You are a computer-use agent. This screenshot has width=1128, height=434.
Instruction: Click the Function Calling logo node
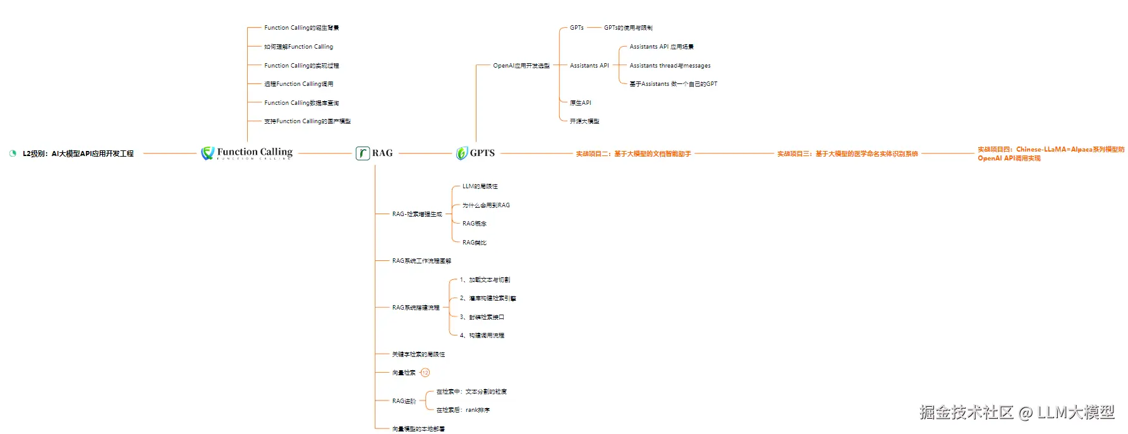pos(247,153)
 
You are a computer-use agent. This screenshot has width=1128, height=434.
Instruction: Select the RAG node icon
pos(363,153)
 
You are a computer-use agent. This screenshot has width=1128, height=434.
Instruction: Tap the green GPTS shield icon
pos(462,153)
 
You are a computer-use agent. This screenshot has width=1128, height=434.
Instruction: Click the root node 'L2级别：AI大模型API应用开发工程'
pos(78,154)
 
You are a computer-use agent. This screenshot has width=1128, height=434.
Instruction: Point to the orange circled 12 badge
pos(425,373)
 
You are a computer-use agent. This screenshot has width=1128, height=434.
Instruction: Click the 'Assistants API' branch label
pos(589,66)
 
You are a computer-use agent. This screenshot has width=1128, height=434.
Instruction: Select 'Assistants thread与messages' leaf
pos(670,66)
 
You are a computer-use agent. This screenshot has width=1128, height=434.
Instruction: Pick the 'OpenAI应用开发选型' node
pos(521,66)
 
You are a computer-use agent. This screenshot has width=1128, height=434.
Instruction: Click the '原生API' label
pos(580,103)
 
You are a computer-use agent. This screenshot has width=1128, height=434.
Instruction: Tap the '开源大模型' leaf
pos(584,121)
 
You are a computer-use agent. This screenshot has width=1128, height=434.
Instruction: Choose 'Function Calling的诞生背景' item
pos(301,28)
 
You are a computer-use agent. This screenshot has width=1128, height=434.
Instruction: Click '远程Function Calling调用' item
pos(298,84)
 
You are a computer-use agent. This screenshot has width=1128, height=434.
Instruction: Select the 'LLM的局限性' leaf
pos(480,186)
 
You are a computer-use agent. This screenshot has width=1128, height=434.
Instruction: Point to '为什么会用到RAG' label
pos(485,205)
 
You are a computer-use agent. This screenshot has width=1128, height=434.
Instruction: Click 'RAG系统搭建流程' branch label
pos(415,308)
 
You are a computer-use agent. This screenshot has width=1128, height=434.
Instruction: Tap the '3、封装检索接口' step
pos(482,317)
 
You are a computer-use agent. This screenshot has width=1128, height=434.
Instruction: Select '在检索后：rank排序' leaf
pos(463,410)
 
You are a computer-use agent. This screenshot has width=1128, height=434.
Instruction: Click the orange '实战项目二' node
pos(633,154)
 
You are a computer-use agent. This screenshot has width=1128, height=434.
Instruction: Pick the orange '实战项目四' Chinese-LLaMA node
pos(1050,154)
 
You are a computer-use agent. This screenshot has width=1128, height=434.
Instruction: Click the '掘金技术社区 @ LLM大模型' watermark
pos(1016,413)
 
